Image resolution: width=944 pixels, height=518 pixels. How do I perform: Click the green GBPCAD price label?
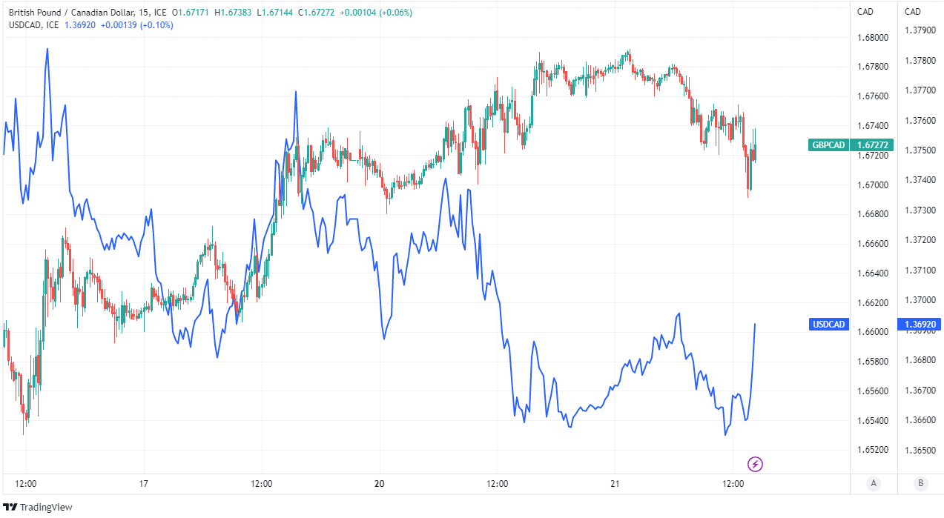coord(851,145)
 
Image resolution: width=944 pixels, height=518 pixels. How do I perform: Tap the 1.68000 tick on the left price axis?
coord(873,37)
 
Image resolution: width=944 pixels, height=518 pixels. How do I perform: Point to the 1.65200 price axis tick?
coord(873,450)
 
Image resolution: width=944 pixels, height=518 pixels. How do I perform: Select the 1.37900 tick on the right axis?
coord(920,30)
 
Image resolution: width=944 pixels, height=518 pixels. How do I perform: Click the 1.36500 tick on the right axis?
coord(920,450)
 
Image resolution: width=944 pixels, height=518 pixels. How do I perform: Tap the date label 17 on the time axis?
coord(144,484)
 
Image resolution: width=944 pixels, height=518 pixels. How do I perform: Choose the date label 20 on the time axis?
coord(380,484)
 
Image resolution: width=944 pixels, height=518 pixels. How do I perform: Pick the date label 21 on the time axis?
coord(615,484)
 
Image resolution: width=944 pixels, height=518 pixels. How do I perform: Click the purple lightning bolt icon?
coord(755,465)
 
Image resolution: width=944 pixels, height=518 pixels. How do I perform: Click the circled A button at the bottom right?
coord(874,484)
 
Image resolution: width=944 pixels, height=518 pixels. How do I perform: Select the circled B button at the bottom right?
coord(920,484)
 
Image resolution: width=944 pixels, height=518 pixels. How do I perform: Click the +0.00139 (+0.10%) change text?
coord(136,24)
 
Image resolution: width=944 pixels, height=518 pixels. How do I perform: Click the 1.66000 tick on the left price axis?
coord(873,332)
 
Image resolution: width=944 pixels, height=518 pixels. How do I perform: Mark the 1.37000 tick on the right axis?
coord(920,300)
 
